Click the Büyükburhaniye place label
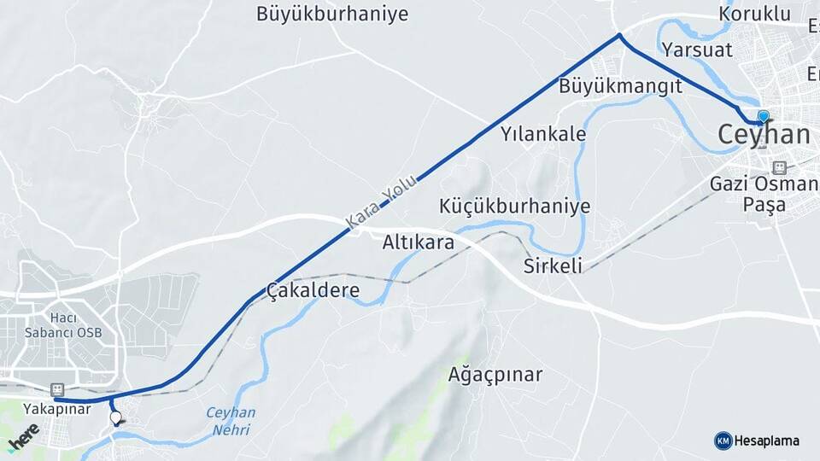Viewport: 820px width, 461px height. [x=332, y=14]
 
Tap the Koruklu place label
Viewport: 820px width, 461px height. [x=755, y=14]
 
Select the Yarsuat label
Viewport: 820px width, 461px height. [x=697, y=49]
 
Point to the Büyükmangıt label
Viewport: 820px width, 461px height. [x=620, y=86]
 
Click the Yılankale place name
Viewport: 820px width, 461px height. [x=543, y=134]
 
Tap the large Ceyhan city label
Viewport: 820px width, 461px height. [x=764, y=134]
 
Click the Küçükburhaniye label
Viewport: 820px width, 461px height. [x=514, y=207]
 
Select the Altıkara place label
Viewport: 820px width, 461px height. [x=418, y=242]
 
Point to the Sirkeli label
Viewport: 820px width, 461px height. [x=553, y=266]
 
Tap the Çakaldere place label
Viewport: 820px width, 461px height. [x=313, y=290]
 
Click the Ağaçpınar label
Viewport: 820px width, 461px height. [x=495, y=374]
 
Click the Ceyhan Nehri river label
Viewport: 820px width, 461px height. [x=231, y=421]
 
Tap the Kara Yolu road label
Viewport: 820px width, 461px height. [x=382, y=202]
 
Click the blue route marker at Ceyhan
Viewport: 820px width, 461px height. [x=763, y=116]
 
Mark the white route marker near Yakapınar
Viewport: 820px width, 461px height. [x=116, y=417]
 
